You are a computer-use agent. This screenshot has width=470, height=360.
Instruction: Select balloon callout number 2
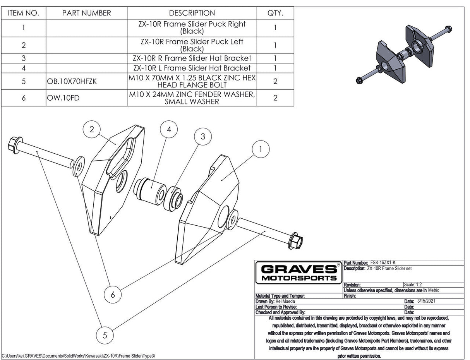point(91,129)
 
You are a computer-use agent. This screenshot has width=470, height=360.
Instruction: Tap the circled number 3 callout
point(202,136)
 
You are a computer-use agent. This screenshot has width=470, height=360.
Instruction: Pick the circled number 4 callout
point(169,130)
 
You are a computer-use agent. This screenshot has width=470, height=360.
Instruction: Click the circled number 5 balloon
point(105,335)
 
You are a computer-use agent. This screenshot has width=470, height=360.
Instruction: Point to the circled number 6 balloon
point(113,295)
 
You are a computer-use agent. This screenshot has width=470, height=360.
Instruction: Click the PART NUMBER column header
point(86,13)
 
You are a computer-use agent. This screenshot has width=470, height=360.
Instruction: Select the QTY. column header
point(275,13)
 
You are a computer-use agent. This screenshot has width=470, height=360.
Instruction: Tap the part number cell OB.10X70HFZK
point(71,81)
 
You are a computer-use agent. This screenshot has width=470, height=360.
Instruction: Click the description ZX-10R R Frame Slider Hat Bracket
point(192,58)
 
